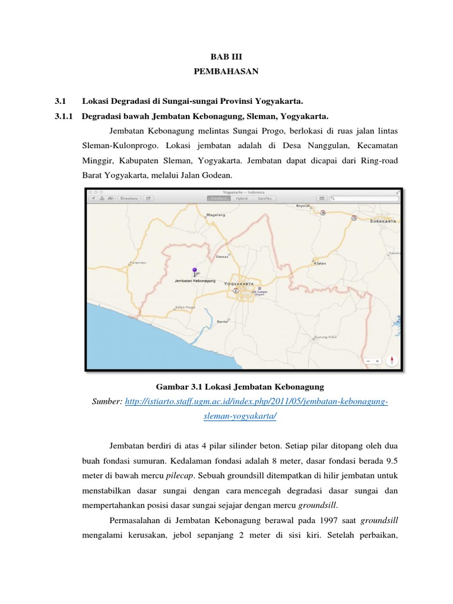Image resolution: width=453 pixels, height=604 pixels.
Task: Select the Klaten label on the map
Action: (320, 264)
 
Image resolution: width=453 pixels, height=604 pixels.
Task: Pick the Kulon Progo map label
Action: (185, 307)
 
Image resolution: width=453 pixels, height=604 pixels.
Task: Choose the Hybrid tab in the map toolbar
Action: (242, 199)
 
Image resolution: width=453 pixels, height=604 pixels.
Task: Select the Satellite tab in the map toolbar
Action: (264, 199)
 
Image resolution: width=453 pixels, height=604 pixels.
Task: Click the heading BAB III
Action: (226, 57)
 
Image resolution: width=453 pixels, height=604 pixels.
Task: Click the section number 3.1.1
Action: (63, 116)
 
